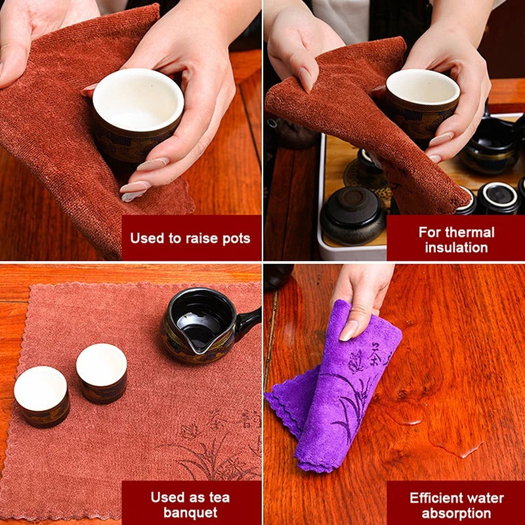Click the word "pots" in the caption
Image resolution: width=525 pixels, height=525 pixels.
[234, 238]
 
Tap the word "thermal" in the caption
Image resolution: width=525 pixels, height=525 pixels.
[469, 232]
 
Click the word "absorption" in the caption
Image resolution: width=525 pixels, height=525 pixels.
[456, 513]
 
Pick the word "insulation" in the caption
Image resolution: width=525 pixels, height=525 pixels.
[456, 248]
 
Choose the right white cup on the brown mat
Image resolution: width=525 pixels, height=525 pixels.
[102, 373]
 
